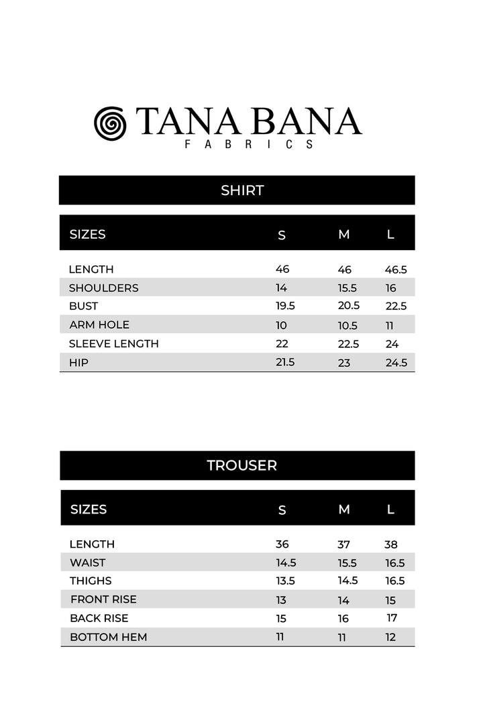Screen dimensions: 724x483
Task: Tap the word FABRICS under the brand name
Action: click(x=249, y=144)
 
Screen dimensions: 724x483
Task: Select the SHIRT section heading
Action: click(x=242, y=190)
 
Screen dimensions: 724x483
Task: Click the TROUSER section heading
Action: click(x=241, y=465)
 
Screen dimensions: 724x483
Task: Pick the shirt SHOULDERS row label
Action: click(x=103, y=288)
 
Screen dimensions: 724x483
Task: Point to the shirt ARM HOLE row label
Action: click(x=99, y=325)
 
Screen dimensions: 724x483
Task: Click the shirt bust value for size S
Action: click(x=285, y=306)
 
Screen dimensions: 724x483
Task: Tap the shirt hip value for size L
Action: click(x=396, y=363)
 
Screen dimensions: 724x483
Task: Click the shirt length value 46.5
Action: click(x=396, y=270)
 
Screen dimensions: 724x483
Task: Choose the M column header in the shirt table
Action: click(x=344, y=235)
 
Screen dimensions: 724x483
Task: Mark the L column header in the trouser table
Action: click(x=390, y=509)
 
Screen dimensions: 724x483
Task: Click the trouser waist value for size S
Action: click(x=286, y=564)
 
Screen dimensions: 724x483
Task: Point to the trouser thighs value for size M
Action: click(x=347, y=581)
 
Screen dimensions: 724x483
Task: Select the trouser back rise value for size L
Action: click(x=392, y=618)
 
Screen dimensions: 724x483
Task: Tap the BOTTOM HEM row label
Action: click(x=109, y=637)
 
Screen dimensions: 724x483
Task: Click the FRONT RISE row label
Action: click(x=103, y=599)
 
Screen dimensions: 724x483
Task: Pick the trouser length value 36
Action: click(x=282, y=544)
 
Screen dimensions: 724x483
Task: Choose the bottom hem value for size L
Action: click(x=390, y=638)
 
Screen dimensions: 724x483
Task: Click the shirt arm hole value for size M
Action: click(x=347, y=326)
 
